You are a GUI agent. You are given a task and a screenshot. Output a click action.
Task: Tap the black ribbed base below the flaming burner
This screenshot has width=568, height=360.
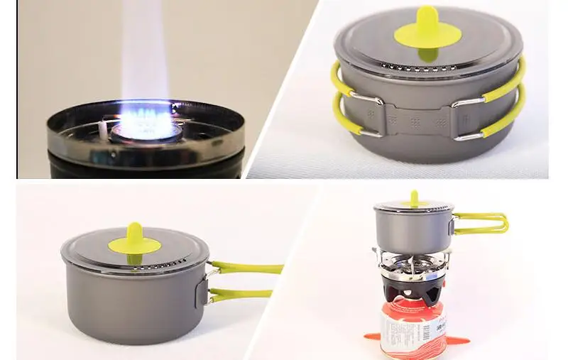tap(142, 165)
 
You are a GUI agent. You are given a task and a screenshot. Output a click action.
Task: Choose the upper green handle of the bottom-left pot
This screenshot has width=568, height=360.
tap(248, 268)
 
